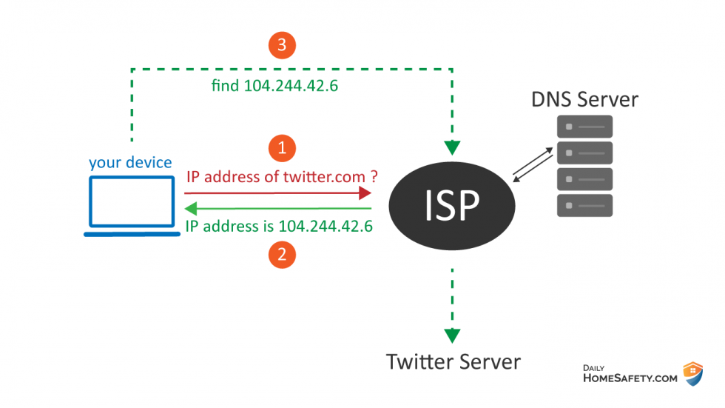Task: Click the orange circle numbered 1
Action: point(282,148)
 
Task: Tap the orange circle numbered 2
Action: point(282,255)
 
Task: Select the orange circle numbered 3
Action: point(282,45)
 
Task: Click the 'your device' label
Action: point(130,162)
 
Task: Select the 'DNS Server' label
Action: point(584,98)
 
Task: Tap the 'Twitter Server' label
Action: point(453,361)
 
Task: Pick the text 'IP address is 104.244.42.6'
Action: point(278,226)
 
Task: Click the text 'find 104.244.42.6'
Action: point(275,86)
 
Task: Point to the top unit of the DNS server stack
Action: point(584,127)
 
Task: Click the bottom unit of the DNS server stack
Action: point(584,205)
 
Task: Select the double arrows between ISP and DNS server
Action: point(533,165)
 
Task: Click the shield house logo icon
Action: point(692,373)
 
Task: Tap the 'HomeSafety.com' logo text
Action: point(629,378)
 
